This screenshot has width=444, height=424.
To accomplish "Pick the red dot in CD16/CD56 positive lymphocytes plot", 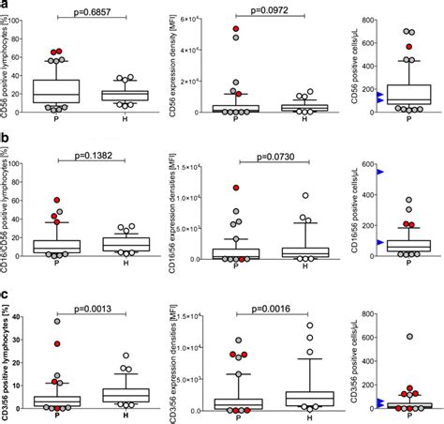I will pos(56,201).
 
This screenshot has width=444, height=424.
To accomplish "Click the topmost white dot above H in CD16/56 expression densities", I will pos(304,196).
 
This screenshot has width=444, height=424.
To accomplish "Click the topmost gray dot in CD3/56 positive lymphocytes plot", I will pos(56,321).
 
